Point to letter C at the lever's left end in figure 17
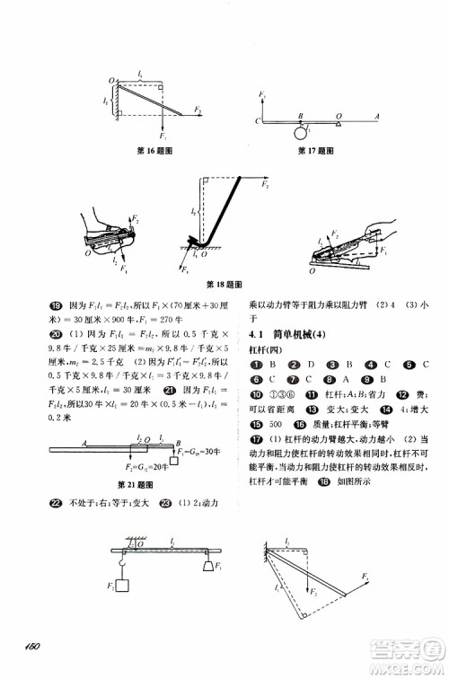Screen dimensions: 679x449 coord(257,120)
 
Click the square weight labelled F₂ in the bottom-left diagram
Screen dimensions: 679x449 coord(123,585)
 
